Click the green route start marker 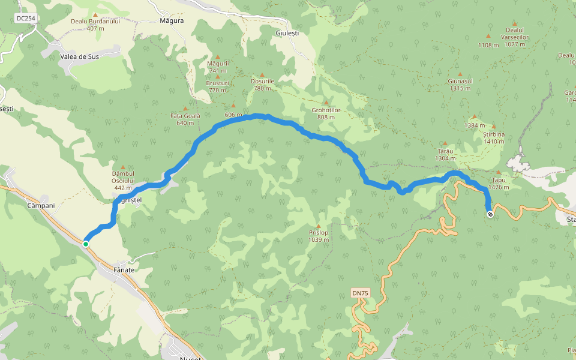tap(86, 244)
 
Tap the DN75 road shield tap(360, 293)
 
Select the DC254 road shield tap(25, 19)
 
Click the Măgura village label tap(172, 20)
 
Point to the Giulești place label tap(287, 33)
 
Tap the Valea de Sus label tap(79, 56)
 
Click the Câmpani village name tap(41, 205)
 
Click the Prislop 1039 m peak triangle tap(318, 226)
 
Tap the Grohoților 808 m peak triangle tap(326, 103)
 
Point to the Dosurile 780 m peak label tap(262, 85)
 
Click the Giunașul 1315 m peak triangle tap(460, 74)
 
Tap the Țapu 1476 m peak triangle tap(499, 172)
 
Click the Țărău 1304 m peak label tap(446, 155)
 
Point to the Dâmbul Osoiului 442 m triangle tap(123, 167)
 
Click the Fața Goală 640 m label tap(185, 119)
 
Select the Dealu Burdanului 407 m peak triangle tap(95, 14)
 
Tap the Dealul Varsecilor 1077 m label tap(515, 37)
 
